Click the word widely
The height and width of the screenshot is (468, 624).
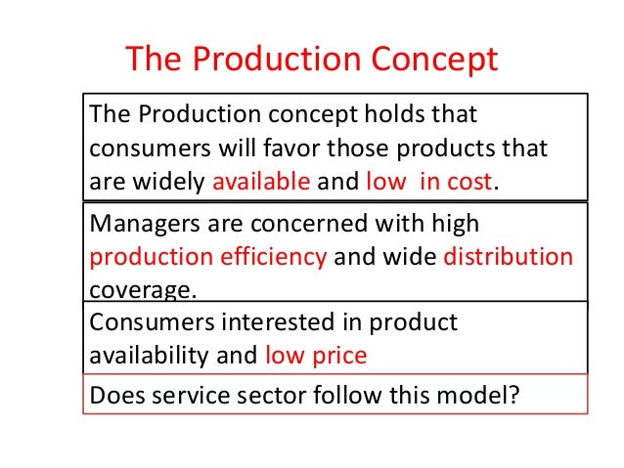tap(169, 183)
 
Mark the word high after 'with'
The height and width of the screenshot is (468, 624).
tap(452, 223)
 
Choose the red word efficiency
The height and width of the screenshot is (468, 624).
tap(275, 258)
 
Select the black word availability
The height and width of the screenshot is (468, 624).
tap(148, 356)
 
